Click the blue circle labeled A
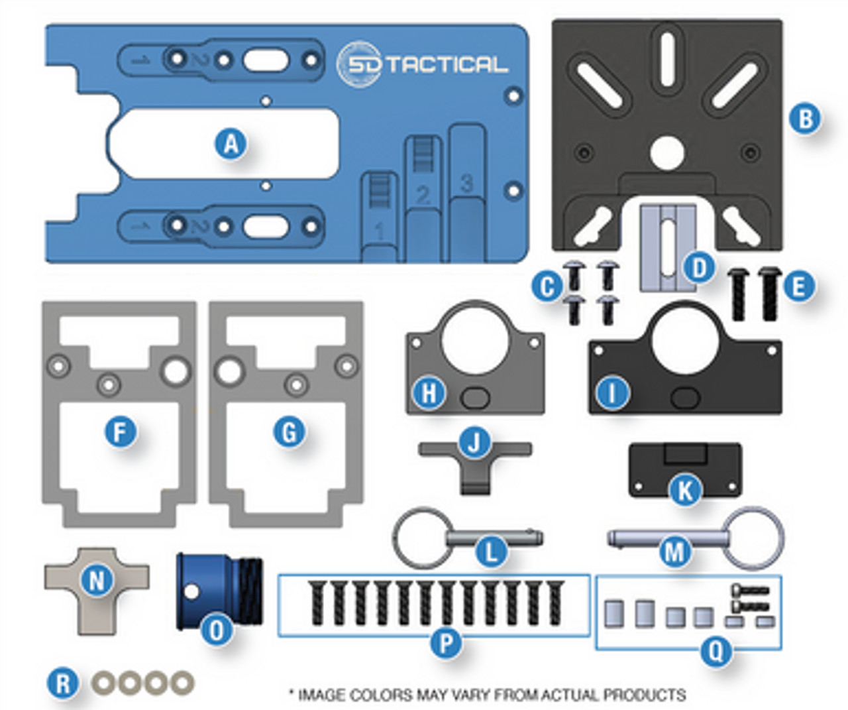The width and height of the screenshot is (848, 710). click(x=231, y=144)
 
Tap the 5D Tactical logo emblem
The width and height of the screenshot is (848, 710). click(x=359, y=64)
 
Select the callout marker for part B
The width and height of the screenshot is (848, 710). click(x=806, y=119)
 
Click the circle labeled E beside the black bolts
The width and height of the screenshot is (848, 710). click(x=798, y=287)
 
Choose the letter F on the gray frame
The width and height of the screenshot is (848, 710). click(x=120, y=432)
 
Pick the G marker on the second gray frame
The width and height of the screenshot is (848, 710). click(x=290, y=432)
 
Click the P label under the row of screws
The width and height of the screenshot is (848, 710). click(x=446, y=642)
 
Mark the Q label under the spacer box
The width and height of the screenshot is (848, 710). click(x=716, y=652)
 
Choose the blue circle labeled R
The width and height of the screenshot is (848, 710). click(x=63, y=683)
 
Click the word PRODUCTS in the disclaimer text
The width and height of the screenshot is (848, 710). click(x=644, y=695)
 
